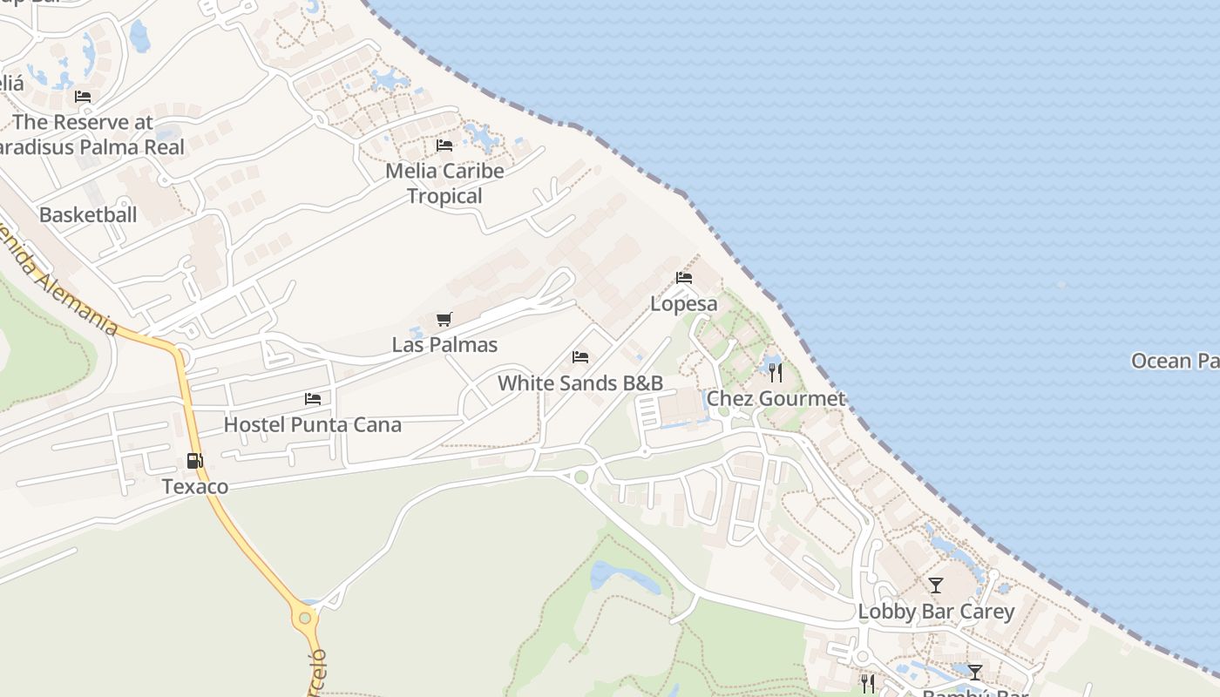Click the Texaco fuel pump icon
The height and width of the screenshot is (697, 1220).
click(x=194, y=461)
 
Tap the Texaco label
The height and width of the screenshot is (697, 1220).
click(x=195, y=486)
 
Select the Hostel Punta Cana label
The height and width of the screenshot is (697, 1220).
click(x=313, y=425)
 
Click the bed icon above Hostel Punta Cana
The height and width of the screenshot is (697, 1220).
click(x=313, y=399)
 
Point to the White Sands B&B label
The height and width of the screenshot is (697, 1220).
click(x=580, y=382)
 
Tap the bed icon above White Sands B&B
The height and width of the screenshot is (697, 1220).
click(x=580, y=357)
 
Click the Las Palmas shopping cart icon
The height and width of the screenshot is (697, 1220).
click(x=444, y=319)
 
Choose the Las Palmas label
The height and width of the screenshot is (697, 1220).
click(x=444, y=345)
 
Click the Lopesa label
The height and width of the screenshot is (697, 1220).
click(x=684, y=304)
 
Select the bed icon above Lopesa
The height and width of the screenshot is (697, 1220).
click(x=684, y=279)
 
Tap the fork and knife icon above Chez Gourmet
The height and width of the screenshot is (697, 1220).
click(x=776, y=373)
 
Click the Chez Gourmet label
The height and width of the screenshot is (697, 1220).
click(x=776, y=399)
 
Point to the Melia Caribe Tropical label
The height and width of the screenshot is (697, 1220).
click(x=444, y=183)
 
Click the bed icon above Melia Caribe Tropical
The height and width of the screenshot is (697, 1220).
click(x=444, y=145)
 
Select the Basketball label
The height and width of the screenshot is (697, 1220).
click(x=88, y=214)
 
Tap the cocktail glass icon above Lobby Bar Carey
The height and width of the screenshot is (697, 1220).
click(x=936, y=585)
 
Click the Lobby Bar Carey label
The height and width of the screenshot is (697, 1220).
click(x=936, y=612)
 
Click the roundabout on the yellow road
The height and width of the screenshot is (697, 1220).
click(x=305, y=619)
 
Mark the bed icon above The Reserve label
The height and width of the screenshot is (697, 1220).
click(x=83, y=97)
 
